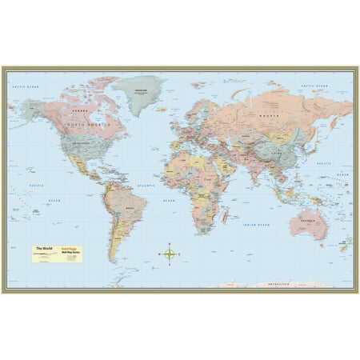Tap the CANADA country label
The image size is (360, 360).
coord(78,110)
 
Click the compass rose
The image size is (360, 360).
coord(170,254)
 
